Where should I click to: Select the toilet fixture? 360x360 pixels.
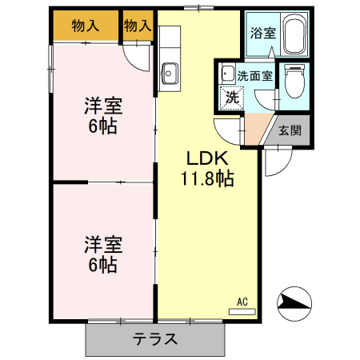[294, 81]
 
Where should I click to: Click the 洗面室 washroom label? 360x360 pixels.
[254, 77]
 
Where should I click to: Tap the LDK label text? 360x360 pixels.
[209, 157]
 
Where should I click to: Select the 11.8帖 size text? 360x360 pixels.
[209, 178]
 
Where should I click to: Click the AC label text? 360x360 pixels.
[242, 302]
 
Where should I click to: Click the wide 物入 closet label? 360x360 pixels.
[85, 26]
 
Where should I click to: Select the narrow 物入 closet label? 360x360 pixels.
[138, 26]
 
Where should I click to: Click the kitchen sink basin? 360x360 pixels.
[170, 73]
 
